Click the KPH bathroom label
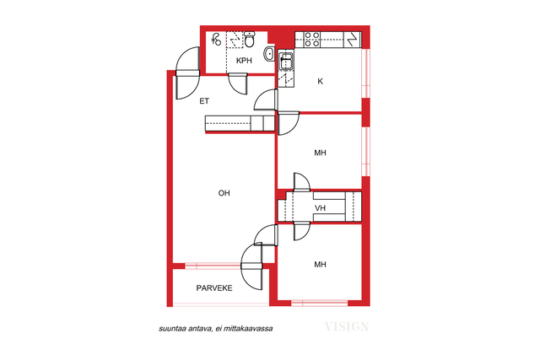click(244, 61)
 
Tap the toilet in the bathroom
click(250, 39)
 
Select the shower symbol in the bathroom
click(216, 40)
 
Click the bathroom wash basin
click(269, 54)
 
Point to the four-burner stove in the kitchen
click(311, 40)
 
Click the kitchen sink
click(285, 62)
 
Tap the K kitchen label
click(321, 82)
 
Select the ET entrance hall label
click(204, 101)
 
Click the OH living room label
click(224, 193)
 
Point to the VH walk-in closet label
click(320, 208)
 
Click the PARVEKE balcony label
click(214, 288)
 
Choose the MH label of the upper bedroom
click(320, 153)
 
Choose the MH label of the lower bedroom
click(320, 265)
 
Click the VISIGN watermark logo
click(347, 326)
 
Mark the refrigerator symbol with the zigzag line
click(352, 40)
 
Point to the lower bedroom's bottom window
click(319, 304)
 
